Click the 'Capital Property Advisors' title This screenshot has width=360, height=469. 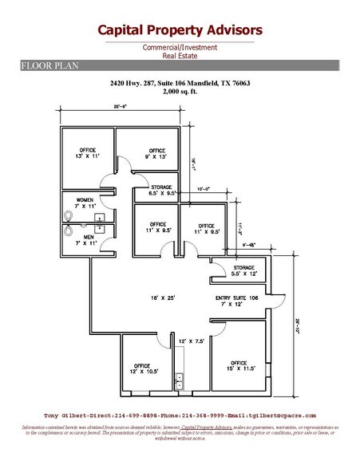pos(180,30)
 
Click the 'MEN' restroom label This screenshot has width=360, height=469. pos(85,237)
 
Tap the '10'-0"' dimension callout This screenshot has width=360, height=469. pos(205,190)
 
